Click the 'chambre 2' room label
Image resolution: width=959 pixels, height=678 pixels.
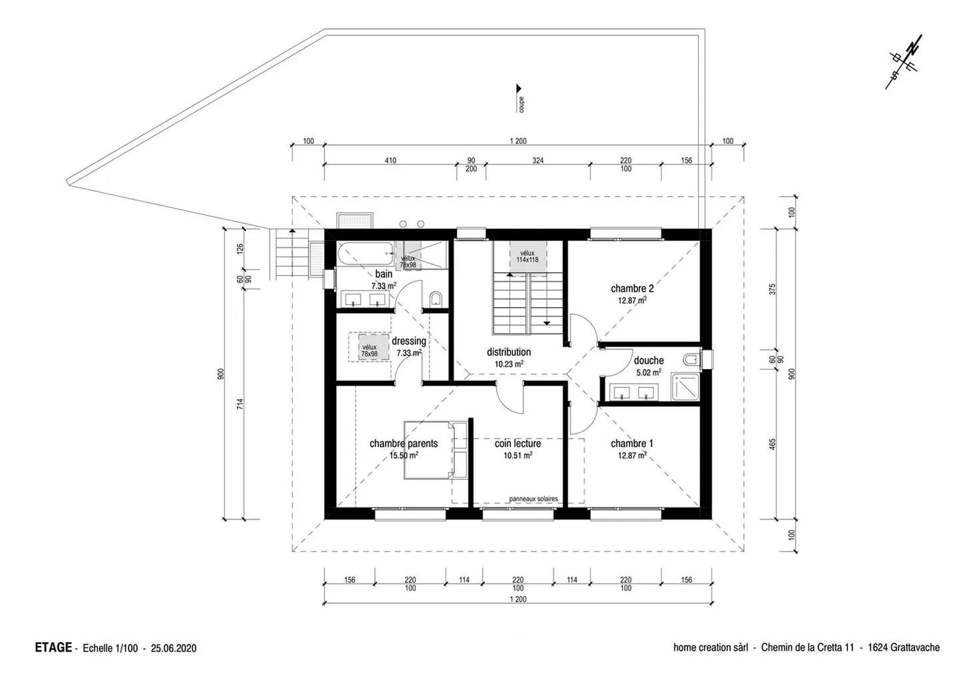tap(632, 288)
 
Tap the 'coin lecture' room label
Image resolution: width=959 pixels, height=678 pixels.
tap(517, 444)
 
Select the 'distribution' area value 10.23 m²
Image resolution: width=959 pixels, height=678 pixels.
tap(509, 364)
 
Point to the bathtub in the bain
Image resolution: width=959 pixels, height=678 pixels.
tap(365, 253)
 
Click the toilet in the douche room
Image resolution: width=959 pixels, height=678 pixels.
tap(691, 359)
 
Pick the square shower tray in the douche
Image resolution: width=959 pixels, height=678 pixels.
tap(685, 386)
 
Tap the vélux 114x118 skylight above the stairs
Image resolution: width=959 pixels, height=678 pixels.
tap(527, 256)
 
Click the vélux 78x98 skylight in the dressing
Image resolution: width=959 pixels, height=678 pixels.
tap(370, 350)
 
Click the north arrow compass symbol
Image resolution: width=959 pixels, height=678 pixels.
tap(904, 62)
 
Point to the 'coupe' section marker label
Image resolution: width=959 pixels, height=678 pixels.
tap(521, 105)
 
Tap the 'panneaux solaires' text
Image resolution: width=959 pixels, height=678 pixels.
tap(533, 499)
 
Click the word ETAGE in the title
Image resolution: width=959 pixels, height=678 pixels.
tap(53, 647)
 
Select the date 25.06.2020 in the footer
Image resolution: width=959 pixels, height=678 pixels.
tap(173, 648)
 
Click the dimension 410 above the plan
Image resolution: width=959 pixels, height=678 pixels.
tap(390, 161)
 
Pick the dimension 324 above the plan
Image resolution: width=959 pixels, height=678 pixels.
tap(537, 161)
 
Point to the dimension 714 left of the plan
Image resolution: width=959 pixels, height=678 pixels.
tap(240, 404)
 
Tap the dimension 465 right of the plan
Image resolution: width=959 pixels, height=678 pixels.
tap(772, 444)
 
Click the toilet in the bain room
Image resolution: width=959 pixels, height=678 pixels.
tap(436, 298)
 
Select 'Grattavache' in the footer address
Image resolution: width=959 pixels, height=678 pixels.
tap(915, 647)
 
